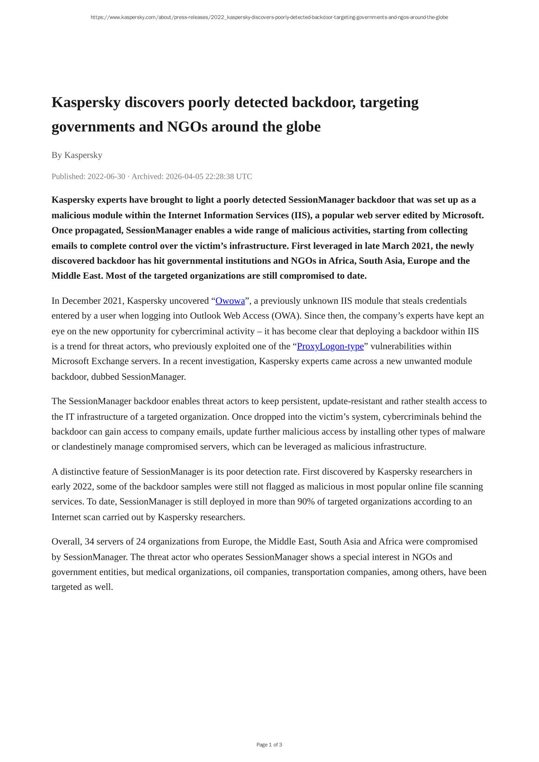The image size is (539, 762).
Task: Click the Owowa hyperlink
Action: click(x=230, y=301)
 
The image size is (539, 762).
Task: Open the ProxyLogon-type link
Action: click(x=330, y=346)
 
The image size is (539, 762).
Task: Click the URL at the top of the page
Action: click(x=269, y=17)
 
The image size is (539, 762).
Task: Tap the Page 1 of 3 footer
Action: click(x=269, y=745)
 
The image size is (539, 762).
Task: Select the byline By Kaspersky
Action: click(x=77, y=155)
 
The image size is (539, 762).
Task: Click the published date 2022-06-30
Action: click(x=106, y=177)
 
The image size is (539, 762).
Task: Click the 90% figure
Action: click(x=306, y=502)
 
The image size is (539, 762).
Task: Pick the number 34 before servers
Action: click(x=89, y=542)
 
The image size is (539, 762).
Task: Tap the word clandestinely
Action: click(x=87, y=447)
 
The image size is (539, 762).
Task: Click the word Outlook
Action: click(x=205, y=316)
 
